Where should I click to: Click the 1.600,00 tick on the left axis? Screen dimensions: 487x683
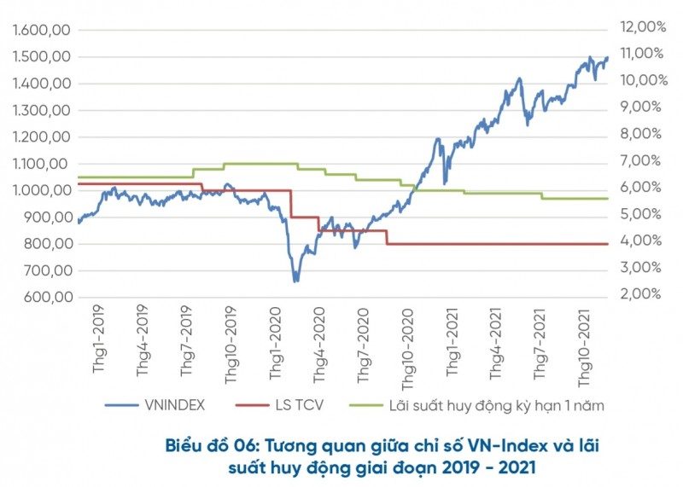(41, 31)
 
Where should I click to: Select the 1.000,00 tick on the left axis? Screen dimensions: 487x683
(41, 191)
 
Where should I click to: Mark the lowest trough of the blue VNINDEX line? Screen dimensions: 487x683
(296, 281)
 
